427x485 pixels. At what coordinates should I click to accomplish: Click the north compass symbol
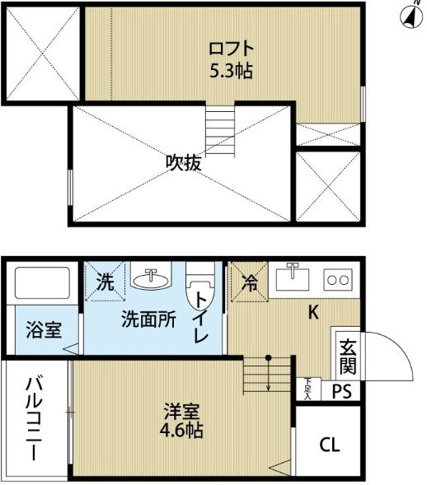point(411,16)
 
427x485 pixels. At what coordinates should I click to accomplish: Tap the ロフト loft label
point(232,49)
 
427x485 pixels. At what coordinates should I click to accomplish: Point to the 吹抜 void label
point(184,162)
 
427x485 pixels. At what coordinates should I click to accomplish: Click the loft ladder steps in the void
point(220,131)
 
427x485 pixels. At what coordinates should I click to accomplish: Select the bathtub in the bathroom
point(42,283)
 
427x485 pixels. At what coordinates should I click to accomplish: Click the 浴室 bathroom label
point(44,329)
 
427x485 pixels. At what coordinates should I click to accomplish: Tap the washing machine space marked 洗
point(105,282)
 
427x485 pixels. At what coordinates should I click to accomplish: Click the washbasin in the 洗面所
point(151,276)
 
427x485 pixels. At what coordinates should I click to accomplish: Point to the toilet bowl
point(200,293)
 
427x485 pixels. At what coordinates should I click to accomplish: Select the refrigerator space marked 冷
point(249,282)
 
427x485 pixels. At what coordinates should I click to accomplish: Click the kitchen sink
point(293,278)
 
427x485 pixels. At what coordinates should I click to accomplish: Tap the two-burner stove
point(338,280)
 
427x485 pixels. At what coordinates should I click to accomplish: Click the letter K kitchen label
point(313,312)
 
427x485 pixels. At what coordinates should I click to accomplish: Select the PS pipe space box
point(341,390)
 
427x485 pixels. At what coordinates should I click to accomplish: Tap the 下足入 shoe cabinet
point(308,389)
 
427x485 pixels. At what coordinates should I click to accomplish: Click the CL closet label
point(330,445)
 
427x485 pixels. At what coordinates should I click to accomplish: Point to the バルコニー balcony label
point(35,418)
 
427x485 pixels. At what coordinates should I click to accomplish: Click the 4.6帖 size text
point(181,430)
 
